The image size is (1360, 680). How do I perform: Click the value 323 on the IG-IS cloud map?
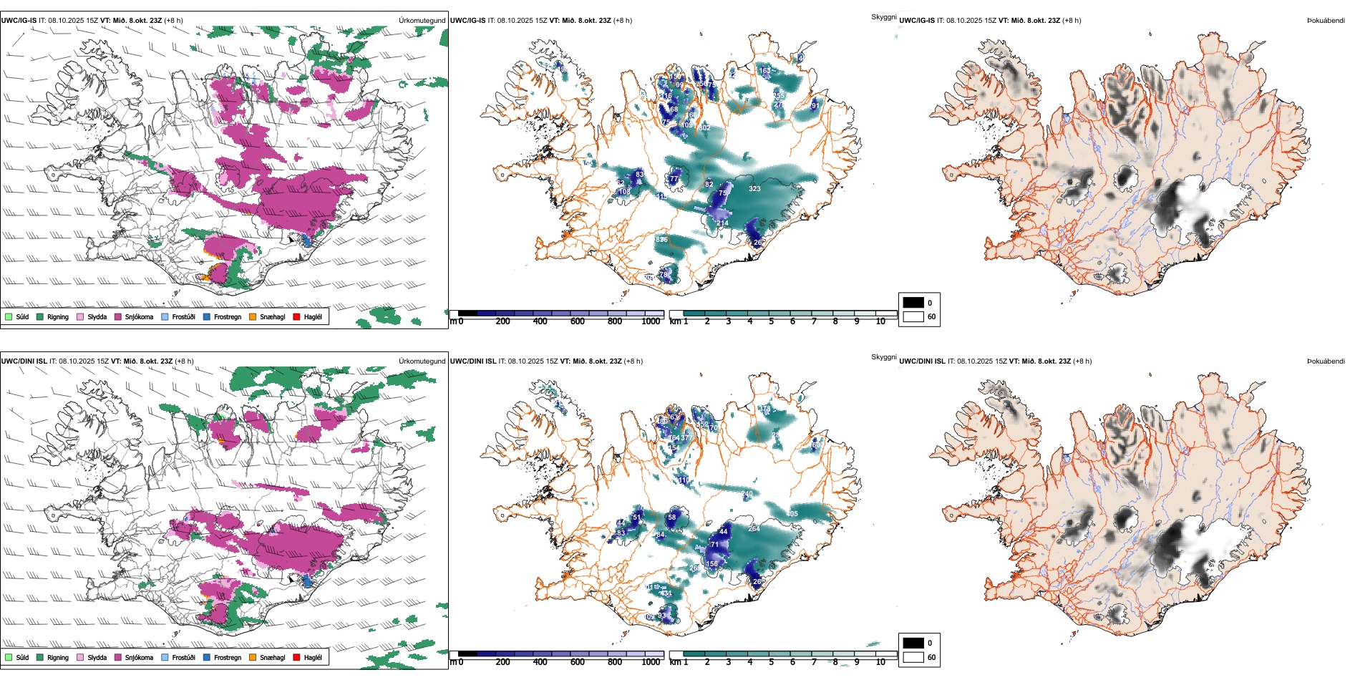pos(754,189)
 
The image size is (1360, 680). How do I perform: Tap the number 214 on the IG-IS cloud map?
pos(722,223)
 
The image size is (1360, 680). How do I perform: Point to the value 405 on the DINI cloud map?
pos(792,514)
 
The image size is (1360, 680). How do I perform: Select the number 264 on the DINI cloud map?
pos(754,529)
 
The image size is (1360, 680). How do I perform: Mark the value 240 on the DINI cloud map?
pos(747,494)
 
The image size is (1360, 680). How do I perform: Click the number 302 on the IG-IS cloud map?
pos(704,128)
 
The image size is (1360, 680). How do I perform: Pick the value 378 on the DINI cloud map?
pos(765,409)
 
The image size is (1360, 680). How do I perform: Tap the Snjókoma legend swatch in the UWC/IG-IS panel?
pos(118,316)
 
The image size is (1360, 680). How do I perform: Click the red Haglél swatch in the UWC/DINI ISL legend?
pos(297,657)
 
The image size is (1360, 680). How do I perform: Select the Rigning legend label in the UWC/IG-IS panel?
pos(58,316)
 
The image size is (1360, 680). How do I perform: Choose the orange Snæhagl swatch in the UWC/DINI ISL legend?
pos(253,657)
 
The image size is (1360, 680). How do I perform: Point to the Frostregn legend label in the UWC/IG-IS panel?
pos(228,316)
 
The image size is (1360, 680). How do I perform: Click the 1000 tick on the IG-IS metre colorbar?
pos(651,321)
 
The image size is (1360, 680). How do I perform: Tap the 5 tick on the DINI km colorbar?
pos(772,662)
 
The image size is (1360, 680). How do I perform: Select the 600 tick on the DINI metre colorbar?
pos(577,662)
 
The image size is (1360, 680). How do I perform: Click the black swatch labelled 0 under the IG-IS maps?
pos(913,303)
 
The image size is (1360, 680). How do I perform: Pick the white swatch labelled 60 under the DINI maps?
pos(913,657)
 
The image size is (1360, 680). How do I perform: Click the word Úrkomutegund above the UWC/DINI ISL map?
pos(422,361)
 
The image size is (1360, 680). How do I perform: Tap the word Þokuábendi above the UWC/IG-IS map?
pos(1326,21)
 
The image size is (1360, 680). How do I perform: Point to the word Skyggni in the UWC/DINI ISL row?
pos(883,356)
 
